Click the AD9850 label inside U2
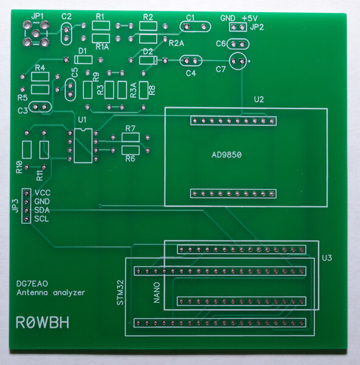pos(226,155)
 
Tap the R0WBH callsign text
pos(43,322)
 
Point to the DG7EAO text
pos(32,283)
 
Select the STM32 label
pos(120,293)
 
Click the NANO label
pos(157,293)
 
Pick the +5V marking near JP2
pos(249,18)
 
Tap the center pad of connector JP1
pos(35,34)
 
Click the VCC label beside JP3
pos(43,193)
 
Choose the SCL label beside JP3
pos(41,219)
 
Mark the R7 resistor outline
pos(131,137)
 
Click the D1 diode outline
pos(83,60)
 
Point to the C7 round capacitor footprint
pos(238,61)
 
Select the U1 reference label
pos(82,120)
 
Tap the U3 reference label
pos(327,258)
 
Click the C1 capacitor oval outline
pos(195,27)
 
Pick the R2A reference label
pos(176,43)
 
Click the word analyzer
pos(69,293)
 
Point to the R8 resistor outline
pos(144,90)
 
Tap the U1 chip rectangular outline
pos(83,145)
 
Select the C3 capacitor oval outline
pos(40,107)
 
